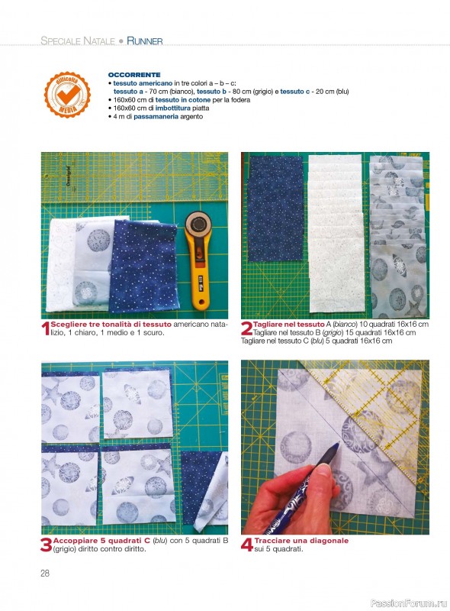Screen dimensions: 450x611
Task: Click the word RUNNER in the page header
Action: [144, 41]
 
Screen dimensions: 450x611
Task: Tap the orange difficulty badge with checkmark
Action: [67, 95]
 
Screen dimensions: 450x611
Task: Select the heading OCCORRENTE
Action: [134, 75]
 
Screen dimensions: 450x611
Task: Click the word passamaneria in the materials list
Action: [156, 117]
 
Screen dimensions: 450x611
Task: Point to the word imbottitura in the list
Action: [173, 108]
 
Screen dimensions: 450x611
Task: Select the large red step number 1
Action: [46, 328]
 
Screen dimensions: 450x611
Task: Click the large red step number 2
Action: [246, 328]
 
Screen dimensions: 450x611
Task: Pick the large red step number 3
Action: [47, 545]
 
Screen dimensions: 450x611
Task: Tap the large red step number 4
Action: [247, 545]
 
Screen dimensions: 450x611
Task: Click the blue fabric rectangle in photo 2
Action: [275, 209]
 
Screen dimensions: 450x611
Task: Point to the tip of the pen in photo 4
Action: [338, 444]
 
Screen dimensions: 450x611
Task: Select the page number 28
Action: [45, 573]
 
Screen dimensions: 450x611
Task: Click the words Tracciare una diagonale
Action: [301, 541]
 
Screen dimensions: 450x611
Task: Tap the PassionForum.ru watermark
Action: [409, 603]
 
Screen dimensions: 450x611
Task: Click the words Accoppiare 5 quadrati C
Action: [101, 541]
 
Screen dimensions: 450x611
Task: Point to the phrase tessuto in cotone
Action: [183, 100]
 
